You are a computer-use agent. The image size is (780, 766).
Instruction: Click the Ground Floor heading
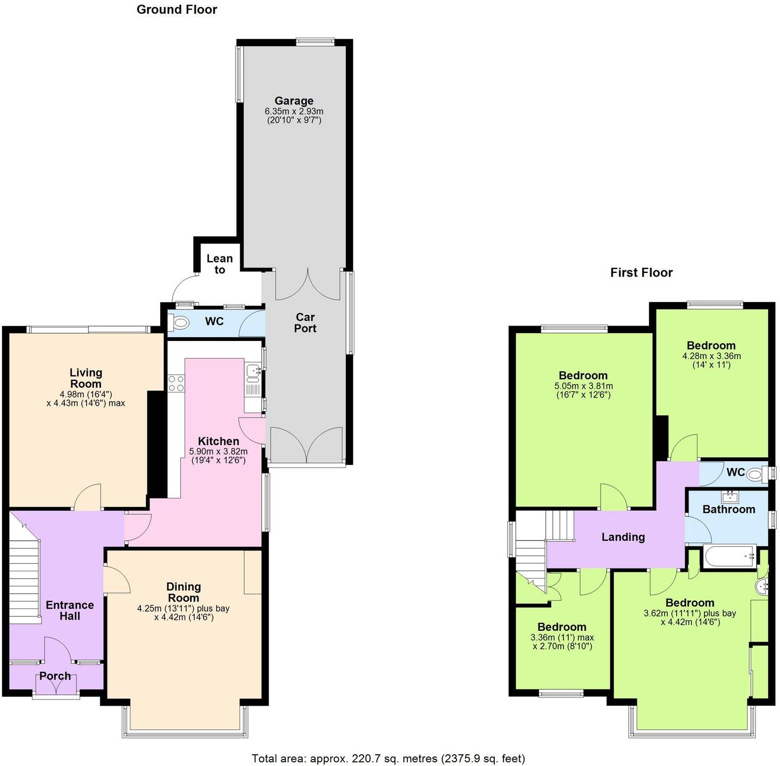[x=177, y=10]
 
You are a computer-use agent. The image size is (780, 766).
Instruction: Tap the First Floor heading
[x=641, y=273]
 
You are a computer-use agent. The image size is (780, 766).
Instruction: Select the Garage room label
[x=294, y=101]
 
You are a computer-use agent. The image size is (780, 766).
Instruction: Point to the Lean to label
[x=220, y=264]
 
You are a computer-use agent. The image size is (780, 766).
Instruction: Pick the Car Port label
[x=305, y=323]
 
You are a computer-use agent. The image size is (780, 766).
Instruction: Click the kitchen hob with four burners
[x=176, y=384]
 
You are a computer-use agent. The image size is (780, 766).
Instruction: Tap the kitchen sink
[x=252, y=373]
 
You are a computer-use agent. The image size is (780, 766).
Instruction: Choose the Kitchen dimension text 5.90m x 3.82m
[x=218, y=451]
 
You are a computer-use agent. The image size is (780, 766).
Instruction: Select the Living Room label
[x=86, y=378]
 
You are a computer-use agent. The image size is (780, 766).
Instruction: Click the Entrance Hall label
[x=70, y=611]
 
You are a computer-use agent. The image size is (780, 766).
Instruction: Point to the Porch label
[x=55, y=676]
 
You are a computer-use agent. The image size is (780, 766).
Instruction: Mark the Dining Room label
[x=184, y=592]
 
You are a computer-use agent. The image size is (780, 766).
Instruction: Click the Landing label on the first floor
[x=623, y=537]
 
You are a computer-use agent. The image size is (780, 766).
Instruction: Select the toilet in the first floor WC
[x=756, y=474]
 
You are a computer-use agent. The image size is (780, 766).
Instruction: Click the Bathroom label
[x=728, y=510]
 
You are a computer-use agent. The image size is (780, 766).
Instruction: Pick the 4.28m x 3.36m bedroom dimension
[x=711, y=356]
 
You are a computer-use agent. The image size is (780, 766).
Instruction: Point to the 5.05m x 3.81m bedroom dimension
[x=584, y=386]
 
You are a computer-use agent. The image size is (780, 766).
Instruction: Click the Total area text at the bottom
[x=388, y=758]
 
